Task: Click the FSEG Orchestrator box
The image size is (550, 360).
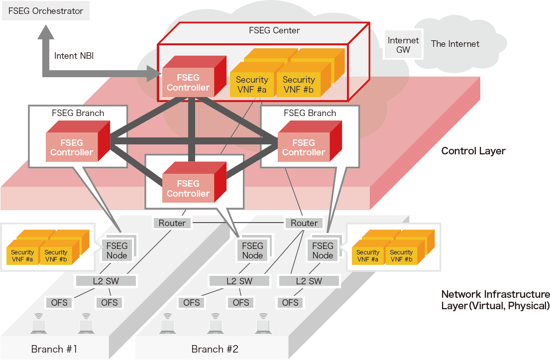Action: (x=46, y=10)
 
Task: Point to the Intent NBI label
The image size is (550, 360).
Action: (x=74, y=56)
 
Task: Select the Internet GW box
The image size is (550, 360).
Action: (x=403, y=45)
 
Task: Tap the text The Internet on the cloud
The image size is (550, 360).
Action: (x=455, y=44)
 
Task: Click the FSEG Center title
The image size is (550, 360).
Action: (x=274, y=30)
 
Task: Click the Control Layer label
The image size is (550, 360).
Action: (x=473, y=150)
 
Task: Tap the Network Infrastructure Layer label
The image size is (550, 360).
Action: (x=495, y=300)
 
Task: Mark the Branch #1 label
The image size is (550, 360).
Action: (x=54, y=349)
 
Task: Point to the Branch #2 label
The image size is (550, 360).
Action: (x=215, y=349)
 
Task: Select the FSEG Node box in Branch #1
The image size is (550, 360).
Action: (x=117, y=250)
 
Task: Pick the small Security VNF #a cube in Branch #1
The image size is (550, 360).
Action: (x=22, y=255)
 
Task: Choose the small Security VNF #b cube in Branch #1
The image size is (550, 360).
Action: (x=56, y=255)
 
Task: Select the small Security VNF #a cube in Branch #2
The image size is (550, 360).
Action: (x=368, y=255)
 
